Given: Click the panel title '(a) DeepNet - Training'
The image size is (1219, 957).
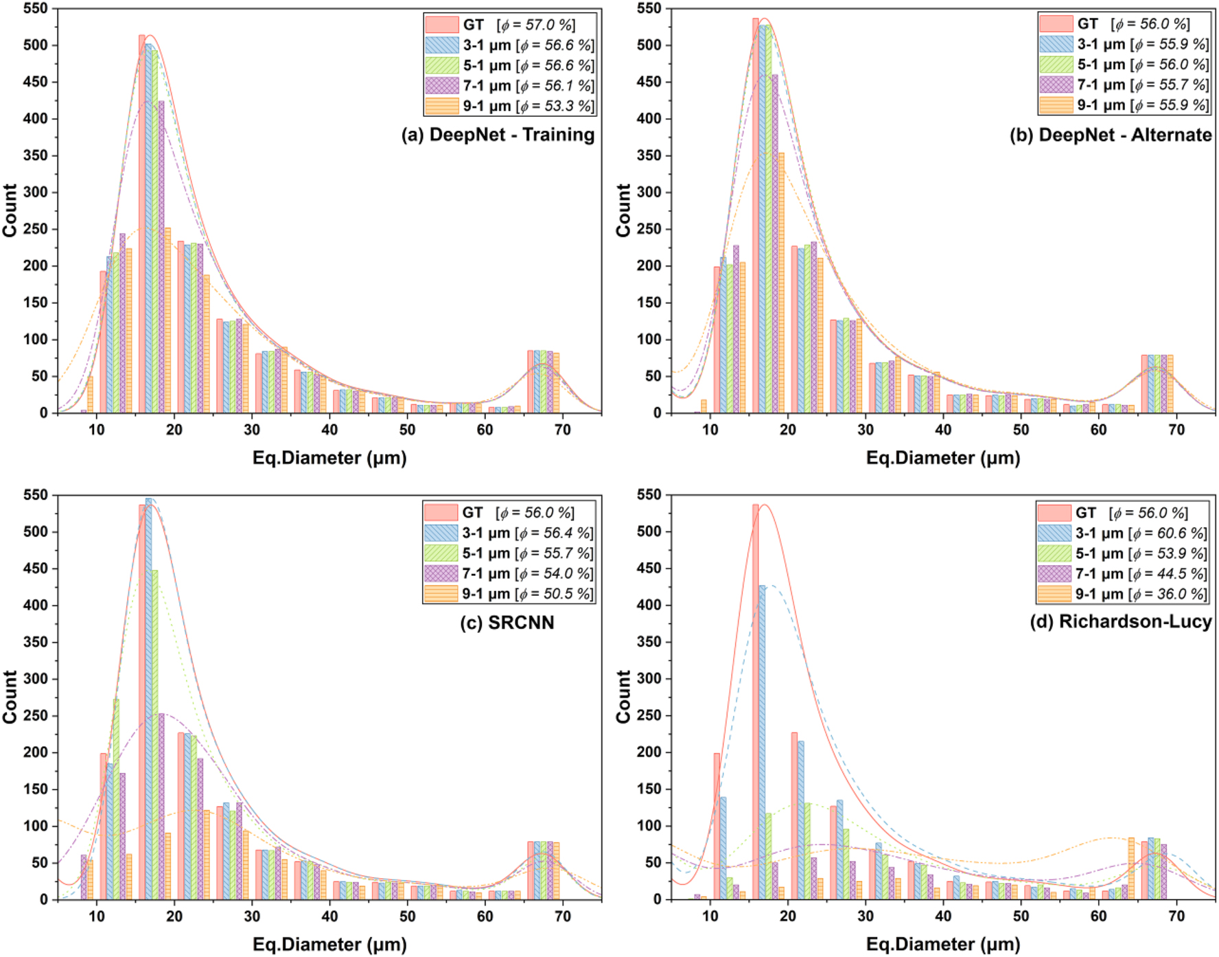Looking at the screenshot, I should (x=498, y=135).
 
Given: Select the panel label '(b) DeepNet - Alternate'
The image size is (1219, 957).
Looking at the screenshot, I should (x=1110, y=135).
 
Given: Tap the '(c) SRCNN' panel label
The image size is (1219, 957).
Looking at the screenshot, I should (x=507, y=623).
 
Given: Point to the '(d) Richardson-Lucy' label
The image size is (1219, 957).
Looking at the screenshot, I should (x=1120, y=622).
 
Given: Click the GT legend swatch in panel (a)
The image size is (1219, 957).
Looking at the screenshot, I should (x=441, y=25).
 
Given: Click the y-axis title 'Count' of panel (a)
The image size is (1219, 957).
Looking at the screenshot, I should (x=10, y=211).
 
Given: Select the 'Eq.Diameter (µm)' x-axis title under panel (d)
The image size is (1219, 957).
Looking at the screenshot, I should (x=942, y=945).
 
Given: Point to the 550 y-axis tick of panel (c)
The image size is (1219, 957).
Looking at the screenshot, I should (x=36, y=495).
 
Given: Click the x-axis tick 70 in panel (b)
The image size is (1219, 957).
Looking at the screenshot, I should (x=1176, y=430).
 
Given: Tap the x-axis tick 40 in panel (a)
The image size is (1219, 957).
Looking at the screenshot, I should (x=329, y=430).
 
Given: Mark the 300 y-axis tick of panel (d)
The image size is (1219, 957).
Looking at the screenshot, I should (x=649, y=679).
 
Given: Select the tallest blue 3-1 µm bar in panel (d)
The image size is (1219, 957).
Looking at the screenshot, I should (x=762, y=741).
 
